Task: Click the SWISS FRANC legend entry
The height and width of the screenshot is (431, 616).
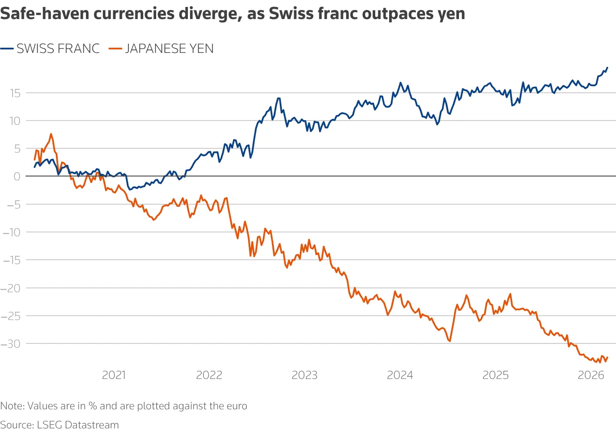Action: (58, 49)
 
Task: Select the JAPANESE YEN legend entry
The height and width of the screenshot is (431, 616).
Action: (169, 49)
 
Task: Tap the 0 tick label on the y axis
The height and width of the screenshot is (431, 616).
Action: (17, 176)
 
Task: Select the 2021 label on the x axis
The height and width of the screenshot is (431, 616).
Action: (114, 375)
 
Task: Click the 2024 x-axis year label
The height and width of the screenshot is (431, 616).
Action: (400, 375)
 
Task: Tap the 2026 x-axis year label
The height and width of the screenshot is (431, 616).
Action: (590, 375)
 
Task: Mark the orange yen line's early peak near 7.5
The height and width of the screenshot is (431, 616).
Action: (51, 134)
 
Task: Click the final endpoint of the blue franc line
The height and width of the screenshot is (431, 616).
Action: (607, 68)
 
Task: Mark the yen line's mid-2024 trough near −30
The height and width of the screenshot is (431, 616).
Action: (450, 341)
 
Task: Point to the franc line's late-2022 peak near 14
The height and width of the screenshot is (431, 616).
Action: (279, 98)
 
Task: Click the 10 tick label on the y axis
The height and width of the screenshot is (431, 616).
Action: (15, 121)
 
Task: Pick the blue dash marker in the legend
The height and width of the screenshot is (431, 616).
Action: (7, 49)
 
